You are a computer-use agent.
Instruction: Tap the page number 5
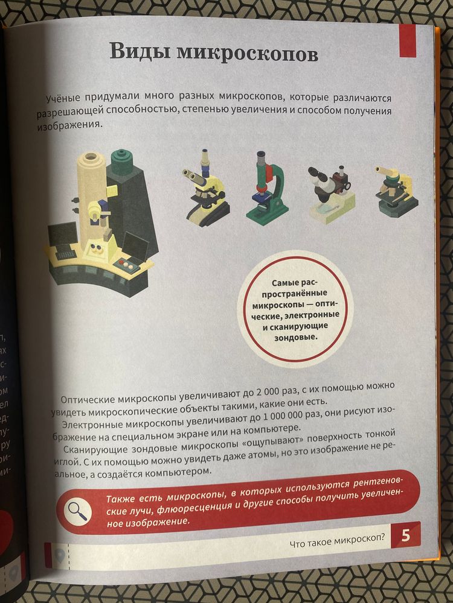405,535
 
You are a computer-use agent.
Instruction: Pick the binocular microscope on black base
204,187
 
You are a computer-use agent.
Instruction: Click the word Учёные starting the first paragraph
62,98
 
